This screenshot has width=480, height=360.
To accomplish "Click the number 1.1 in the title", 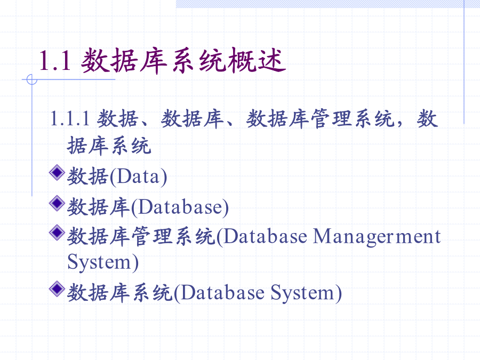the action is coord(55,61).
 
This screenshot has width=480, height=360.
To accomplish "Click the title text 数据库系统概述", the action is coord(183,61).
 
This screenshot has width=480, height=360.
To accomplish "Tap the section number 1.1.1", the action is coord(70,119).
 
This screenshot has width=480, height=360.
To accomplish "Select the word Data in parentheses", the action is coord(138,177).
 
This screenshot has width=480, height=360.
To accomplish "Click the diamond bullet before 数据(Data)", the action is coord(57,172).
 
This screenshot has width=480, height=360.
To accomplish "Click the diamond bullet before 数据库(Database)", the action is coord(57,203).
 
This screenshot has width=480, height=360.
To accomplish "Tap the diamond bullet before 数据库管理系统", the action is coord(57,233).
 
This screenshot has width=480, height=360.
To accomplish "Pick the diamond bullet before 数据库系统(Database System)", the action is coord(57,289).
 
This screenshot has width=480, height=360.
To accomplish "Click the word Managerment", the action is coord(377,237).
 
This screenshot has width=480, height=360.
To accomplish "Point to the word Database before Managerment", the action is coord(265,237).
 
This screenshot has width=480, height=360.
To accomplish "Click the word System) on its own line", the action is coord(103,262).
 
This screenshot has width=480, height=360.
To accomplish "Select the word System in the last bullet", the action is coord(302,293).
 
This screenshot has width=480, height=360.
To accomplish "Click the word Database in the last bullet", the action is coord(222,292).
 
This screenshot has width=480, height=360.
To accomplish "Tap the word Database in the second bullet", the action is coord(180,207).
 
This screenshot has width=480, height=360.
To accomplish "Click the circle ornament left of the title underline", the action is coord(32,79).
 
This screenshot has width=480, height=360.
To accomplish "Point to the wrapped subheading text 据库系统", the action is coord(109,146).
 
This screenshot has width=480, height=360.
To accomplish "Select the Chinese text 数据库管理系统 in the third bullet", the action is coord(141,237).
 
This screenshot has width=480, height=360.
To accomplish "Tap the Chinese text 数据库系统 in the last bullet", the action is coord(119,292).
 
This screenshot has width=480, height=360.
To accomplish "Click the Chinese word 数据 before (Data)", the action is coord(87,177).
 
